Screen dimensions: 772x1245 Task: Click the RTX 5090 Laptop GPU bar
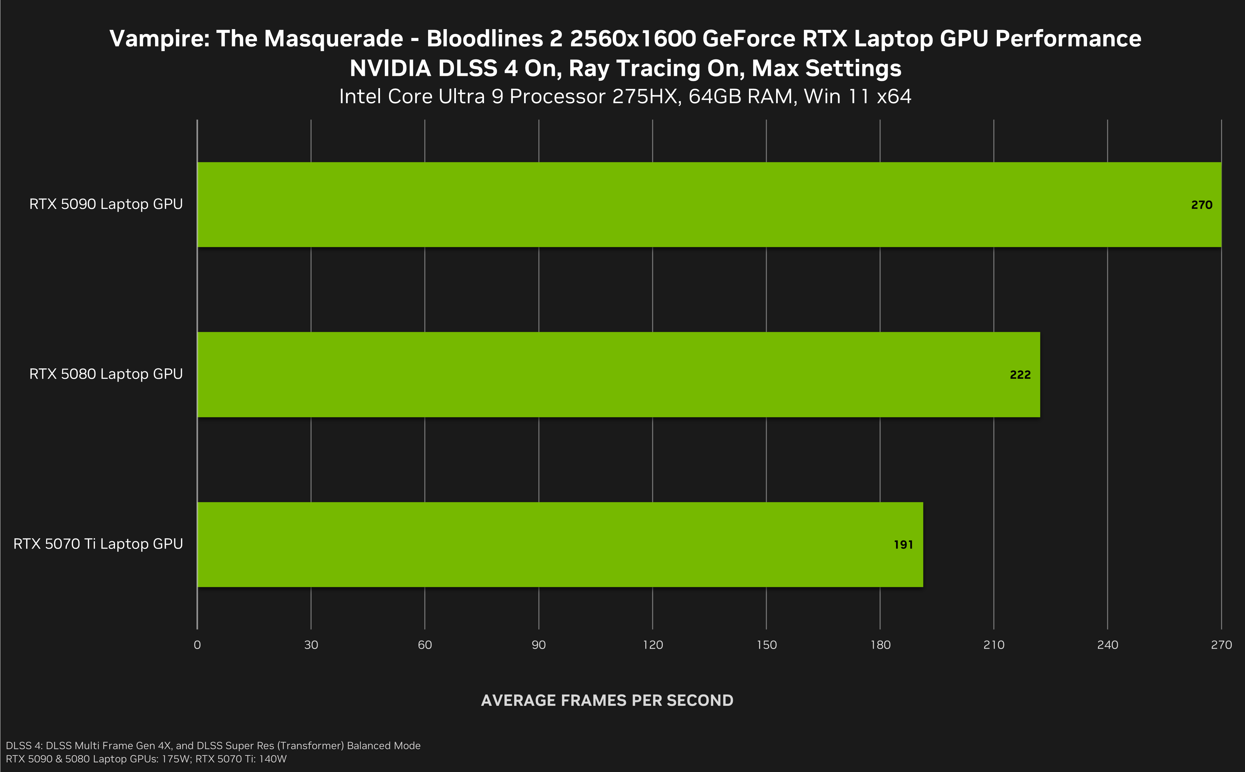point(709,205)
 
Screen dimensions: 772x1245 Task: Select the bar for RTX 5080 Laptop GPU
point(618,375)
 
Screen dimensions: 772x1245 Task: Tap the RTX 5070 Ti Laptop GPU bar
point(560,544)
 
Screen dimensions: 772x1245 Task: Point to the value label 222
point(1020,375)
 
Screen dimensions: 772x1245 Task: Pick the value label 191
point(903,545)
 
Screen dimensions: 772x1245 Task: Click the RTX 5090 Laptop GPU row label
point(106,204)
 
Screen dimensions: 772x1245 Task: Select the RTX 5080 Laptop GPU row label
point(106,374)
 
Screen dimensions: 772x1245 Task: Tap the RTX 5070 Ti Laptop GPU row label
point(98,544)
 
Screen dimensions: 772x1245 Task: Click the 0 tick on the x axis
point(197,645)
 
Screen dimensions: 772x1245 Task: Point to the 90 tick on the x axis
point(538,645)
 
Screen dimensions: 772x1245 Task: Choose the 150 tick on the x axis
point(766,645)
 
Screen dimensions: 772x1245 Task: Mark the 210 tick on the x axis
point(994,645)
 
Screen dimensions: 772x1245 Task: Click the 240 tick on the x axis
point(1108,645)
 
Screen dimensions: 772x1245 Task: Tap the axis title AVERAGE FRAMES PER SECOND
point(607,701)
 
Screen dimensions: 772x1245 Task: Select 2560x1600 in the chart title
point(632,39)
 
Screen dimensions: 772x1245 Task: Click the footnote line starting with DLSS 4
point(213,746)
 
